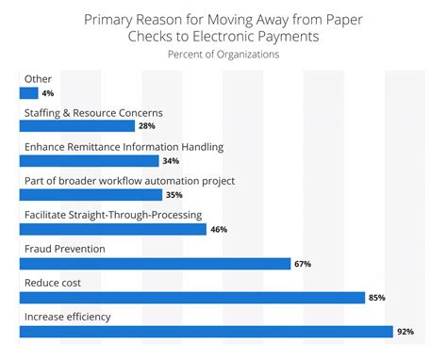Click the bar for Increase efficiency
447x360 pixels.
pos(206,331)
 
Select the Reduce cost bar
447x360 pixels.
pos(191,298)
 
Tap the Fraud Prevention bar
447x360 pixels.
pos(155,263)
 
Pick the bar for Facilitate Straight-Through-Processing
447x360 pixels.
pos(112,229)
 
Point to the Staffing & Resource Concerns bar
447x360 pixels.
pos(77,125)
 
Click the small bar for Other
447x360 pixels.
pos(28,92)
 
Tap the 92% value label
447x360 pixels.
pos(406,332)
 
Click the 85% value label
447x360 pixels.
pos(377,298)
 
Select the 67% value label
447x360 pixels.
pos(303,264)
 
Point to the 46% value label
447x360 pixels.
pos(218,229)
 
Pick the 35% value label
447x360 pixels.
pos(174,195)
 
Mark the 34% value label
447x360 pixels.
pos(170,160)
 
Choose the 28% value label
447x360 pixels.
pos(146,126)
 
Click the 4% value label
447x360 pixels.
pos(47,92)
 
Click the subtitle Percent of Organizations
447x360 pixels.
pos(223,54)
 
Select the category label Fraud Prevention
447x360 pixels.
pos(63,249)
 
